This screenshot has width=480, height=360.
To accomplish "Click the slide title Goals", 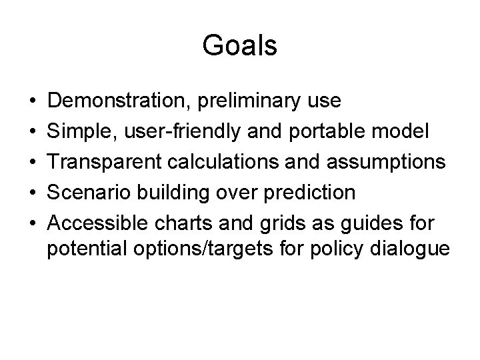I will click(x=239, y=46).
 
